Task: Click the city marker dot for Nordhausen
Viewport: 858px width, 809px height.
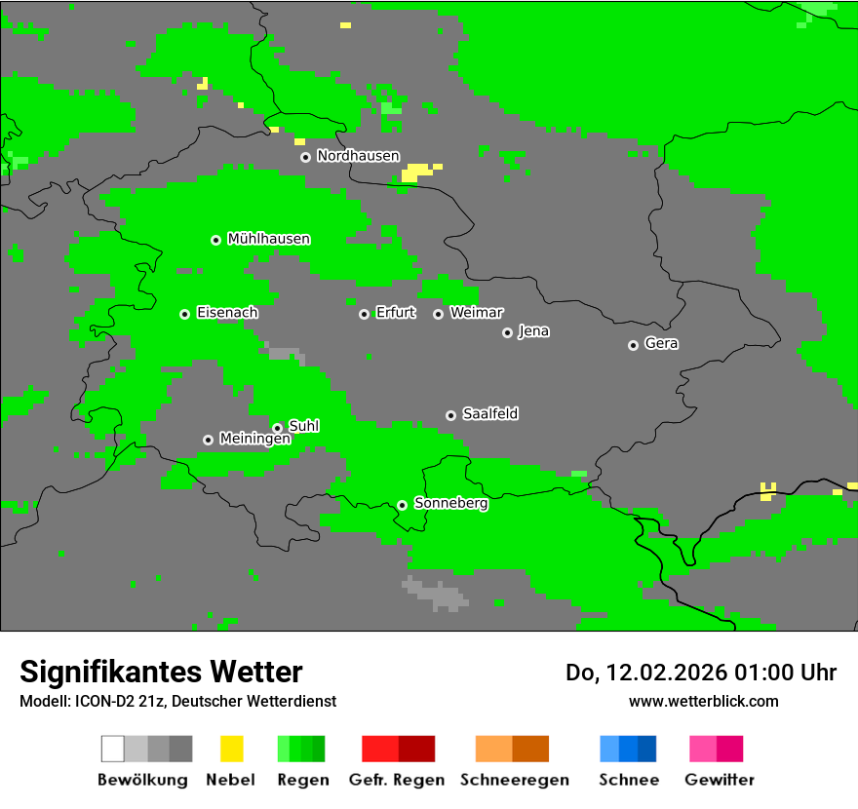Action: coord(305,157)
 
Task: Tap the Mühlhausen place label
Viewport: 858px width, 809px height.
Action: coord(268,239)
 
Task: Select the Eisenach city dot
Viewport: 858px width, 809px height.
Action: coord(184,314)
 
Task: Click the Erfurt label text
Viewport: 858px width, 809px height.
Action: coord(395,313)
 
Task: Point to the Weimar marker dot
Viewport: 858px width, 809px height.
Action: coord(438,314)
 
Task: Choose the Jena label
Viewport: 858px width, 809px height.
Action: coord(533,331)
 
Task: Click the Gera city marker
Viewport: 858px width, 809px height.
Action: coord(633,345)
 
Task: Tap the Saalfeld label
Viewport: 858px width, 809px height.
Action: coord(489,414)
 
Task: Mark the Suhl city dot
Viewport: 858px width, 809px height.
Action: coord(277,428)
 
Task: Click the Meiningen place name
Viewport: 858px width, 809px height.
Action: coord(254,440)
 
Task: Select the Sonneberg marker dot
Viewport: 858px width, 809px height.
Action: coord(402,505)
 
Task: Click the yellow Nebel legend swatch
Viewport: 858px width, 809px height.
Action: coord(231,749)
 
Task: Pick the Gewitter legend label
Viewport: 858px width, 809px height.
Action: coord(719,780)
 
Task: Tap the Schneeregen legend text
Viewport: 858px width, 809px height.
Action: coord(514,780)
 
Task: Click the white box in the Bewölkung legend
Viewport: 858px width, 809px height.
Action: coord(113,749)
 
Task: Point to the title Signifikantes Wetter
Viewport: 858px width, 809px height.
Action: coord(161,672)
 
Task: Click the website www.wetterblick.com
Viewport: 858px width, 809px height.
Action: coord(703,701)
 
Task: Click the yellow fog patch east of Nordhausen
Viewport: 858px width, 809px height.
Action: coord(416,173)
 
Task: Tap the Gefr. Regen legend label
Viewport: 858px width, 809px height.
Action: coord(396,780)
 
